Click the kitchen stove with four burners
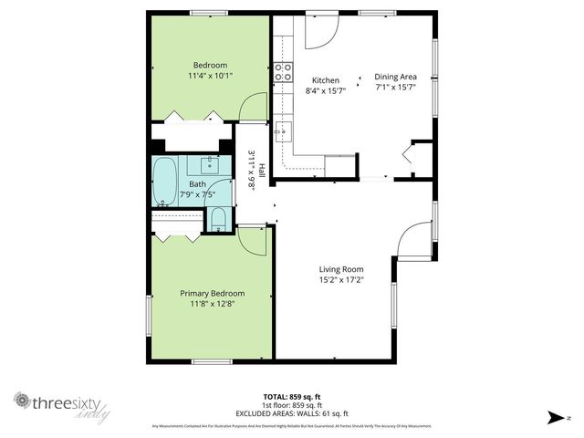coord(283,70)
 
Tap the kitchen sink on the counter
coord(283,129)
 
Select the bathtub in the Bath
coord(165,182)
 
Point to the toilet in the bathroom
coord(218,219)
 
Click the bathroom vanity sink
coord(209,165)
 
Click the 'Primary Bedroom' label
coord(212,293)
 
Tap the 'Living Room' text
coord(341,269)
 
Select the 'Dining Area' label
coord(396,78)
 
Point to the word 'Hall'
coord(261,171)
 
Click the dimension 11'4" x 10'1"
coord(210,77)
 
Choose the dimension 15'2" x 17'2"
coord(341,281)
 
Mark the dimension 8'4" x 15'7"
coord(326,90)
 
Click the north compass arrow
coord(553,417)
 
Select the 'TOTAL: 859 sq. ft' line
coord(291,396)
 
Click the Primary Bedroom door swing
coord(250,242)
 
